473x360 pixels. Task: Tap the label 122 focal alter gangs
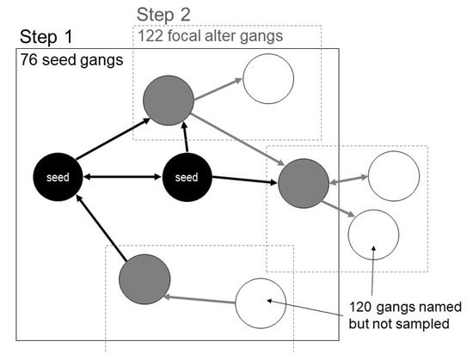[210, 36]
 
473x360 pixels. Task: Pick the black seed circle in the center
[187, 178]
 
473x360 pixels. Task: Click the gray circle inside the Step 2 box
[169, 100]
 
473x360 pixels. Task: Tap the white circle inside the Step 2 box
[268, 79]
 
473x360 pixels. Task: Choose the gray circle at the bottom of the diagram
[144, 278]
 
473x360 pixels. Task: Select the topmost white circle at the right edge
[393, 175]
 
